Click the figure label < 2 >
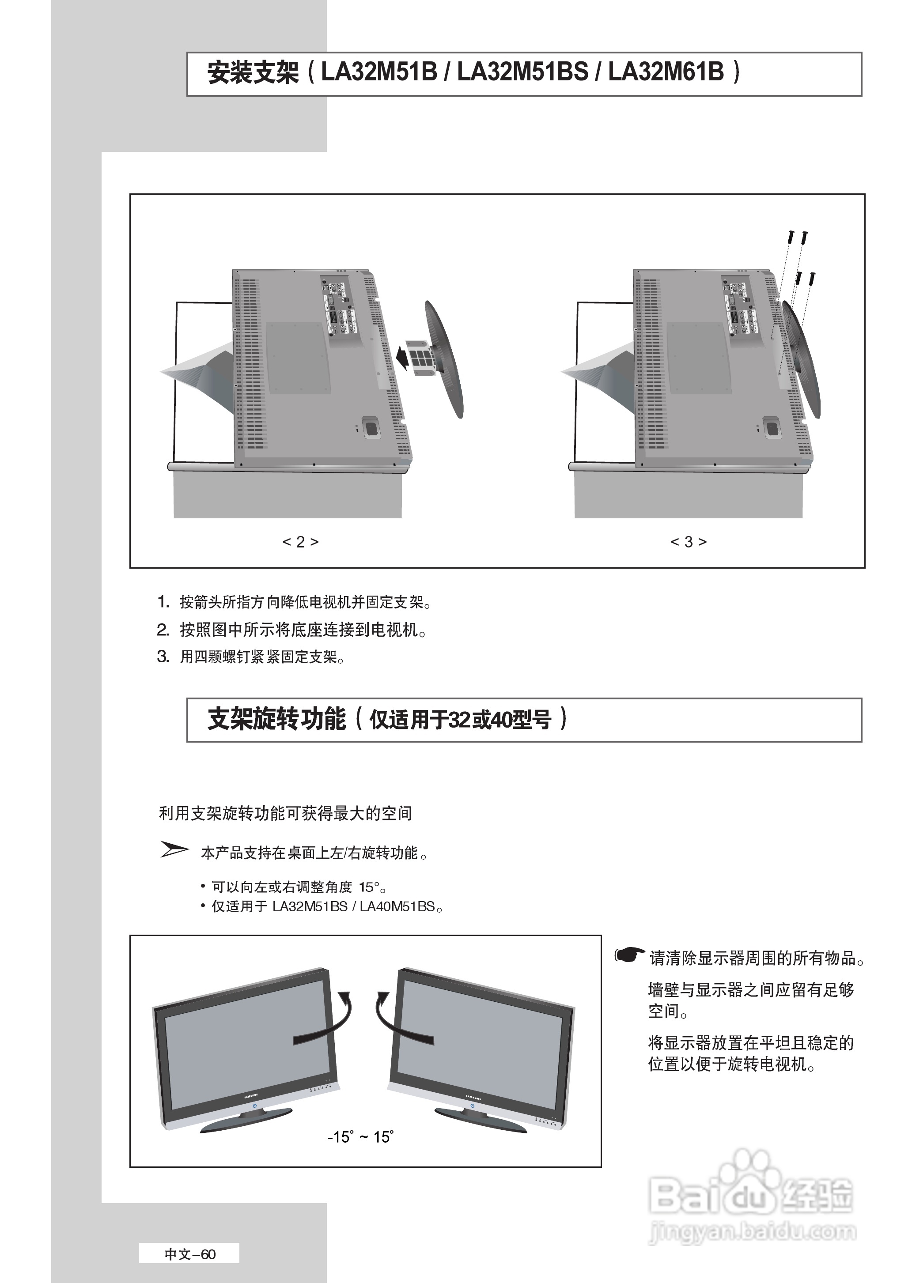(300, 542)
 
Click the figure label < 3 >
(689, 542)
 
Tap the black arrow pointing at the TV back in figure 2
(403, 355)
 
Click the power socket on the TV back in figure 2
(371, 428)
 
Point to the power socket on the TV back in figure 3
(772, 428)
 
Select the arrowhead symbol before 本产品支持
(174, 850)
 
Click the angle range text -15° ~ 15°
(360, 1137)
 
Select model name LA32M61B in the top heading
(666, 72)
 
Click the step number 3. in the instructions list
(163, 656)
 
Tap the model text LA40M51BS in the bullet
(397, 906)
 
